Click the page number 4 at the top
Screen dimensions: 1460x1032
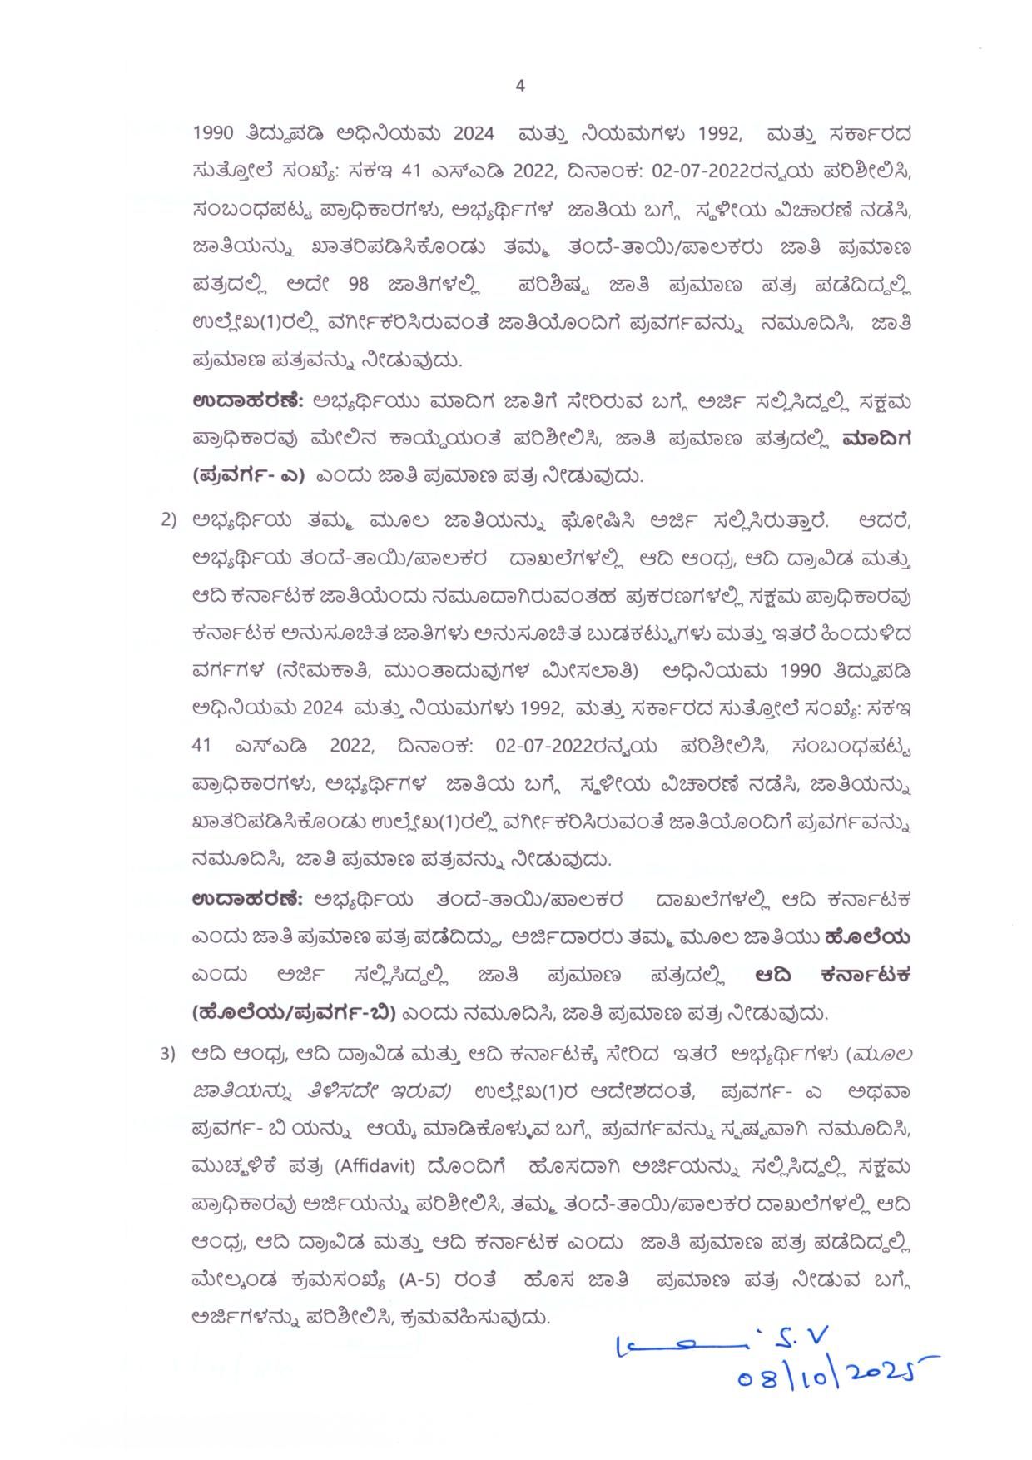point(520,86)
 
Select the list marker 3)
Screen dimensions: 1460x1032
point(168,1054)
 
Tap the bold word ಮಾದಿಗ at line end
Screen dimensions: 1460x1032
point(876,439)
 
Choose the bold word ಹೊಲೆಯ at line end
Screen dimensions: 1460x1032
point(867,937)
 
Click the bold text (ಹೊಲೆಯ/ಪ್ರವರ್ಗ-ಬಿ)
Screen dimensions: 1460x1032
point(292,1013)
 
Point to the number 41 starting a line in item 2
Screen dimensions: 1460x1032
point(201,745)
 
